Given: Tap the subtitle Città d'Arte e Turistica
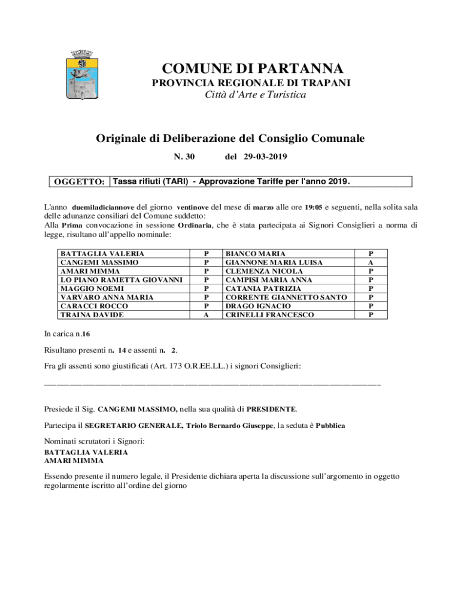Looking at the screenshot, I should point(251,95).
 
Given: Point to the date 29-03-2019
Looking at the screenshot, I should point(265,157).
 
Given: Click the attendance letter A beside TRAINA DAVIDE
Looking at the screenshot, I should point(207,314).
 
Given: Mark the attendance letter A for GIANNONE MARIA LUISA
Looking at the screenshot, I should point(371,262).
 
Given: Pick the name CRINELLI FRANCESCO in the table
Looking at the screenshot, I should point(269,314).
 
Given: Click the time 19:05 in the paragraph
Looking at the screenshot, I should point(314,207).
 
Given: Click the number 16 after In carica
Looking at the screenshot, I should point(86,333).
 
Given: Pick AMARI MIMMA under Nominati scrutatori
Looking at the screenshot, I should point(74,461).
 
